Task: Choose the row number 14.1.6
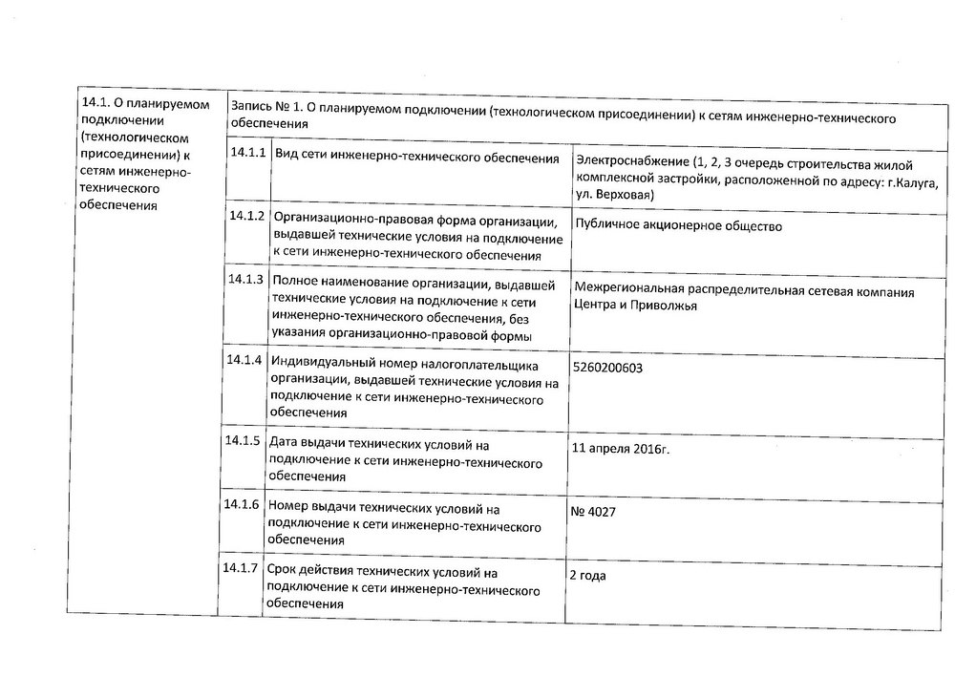tap(243, 504)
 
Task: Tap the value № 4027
tap(592, 513)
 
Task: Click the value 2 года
tap(587, 576)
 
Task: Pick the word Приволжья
tap(666, 307)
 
